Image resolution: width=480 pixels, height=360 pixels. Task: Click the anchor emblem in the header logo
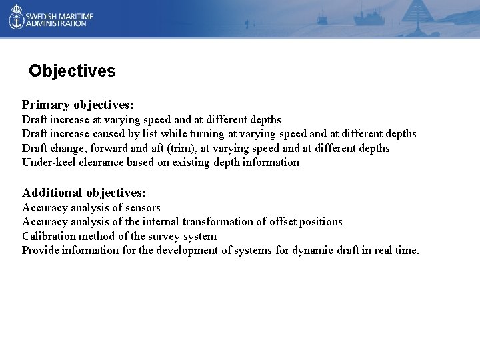[x=16, y=18]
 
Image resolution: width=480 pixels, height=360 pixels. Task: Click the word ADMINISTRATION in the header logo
[x=56, y=23]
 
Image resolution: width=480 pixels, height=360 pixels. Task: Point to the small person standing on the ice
[x=246, y=25]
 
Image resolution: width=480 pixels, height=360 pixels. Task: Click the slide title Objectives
[x=72, y=71]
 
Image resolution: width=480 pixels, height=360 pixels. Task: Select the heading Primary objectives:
[x=78, y=105]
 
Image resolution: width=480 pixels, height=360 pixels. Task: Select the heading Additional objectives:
[x=84, y=193]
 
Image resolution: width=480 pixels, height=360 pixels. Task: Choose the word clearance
[x=103, y=163]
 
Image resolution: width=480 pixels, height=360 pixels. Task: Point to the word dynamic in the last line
[x=313, y=251]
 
